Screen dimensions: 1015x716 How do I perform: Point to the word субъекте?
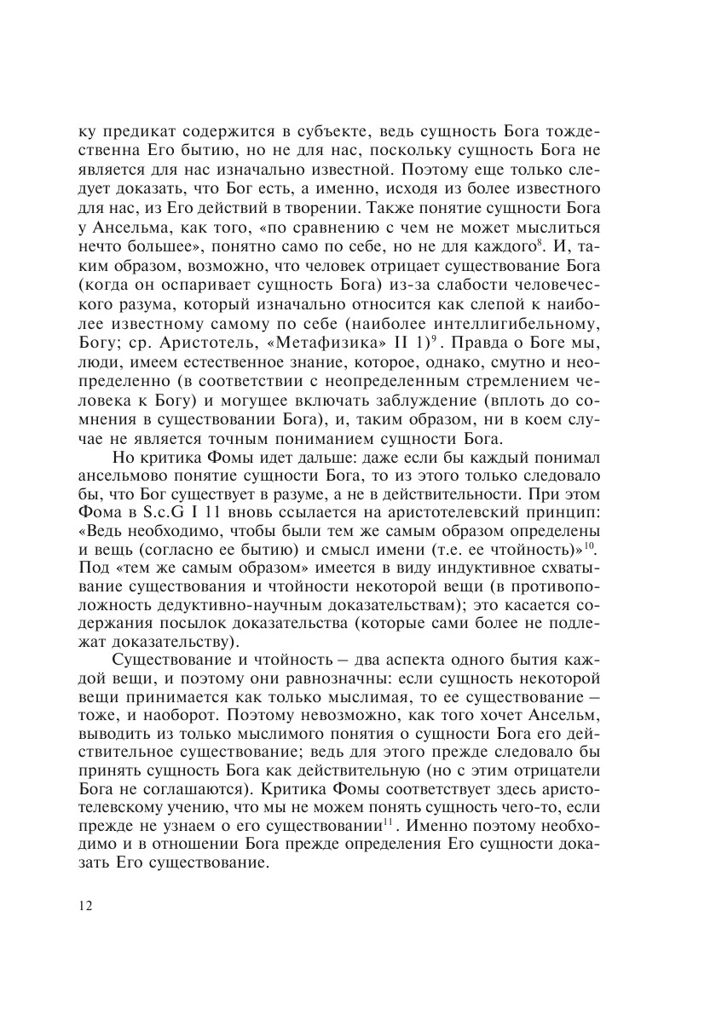pos(335,133)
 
